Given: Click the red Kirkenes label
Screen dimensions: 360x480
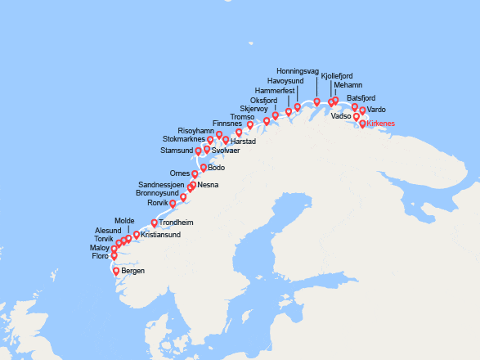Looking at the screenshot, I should click(x=381, y=124).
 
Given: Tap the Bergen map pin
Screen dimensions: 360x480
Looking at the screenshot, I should click(x=116, y=272).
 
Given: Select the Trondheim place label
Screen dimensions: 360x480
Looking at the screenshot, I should click(x=176, y=223).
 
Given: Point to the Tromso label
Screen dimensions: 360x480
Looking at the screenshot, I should click(x=243, y=116).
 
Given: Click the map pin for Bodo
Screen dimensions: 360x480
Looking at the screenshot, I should click(x=204, y=168).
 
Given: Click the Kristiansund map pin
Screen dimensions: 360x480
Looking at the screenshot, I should click(x=137, y=235).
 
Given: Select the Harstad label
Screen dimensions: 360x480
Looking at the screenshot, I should click(x=244, y=142).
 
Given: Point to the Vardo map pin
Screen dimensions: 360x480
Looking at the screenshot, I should click(x=363, y=110).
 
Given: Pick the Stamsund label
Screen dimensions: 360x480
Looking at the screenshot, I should click(x=177, y=151).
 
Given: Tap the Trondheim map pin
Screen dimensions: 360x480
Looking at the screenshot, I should click(x=155, y=222).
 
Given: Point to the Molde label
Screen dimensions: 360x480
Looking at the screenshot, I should click(x=124, y=221).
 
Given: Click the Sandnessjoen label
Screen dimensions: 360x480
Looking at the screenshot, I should click(x=161, y=184).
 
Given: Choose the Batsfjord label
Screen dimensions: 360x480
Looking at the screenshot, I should click(x=372, y=99).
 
